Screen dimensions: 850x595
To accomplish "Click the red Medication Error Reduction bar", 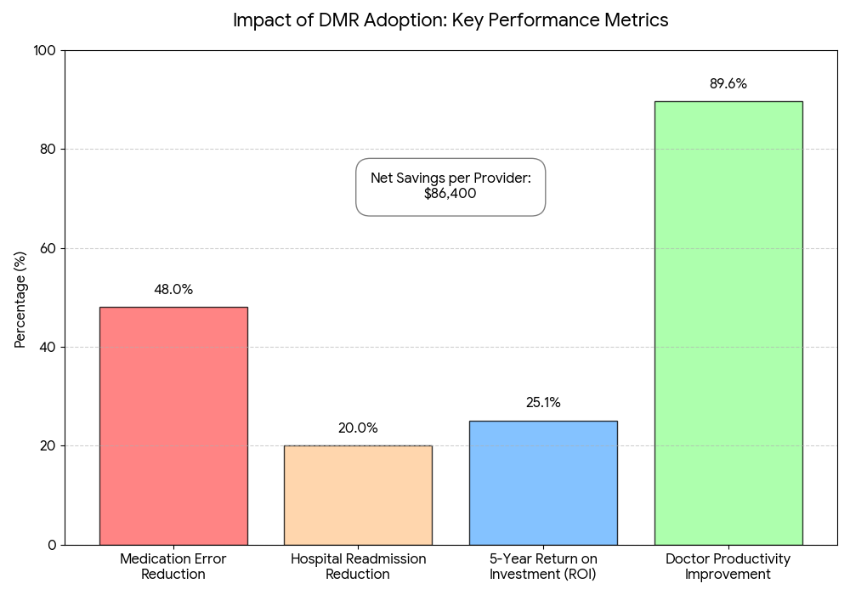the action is [173, 426].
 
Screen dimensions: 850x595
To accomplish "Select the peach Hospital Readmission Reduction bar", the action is [359, 496].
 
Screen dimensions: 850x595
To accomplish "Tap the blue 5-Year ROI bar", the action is [543, 483].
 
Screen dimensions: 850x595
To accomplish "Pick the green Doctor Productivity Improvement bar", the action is [728, 323].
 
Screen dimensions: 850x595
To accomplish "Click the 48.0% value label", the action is [173, 289].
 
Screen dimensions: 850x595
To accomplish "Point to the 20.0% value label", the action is [358, 428].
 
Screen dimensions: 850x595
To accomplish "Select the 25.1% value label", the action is [543, 403].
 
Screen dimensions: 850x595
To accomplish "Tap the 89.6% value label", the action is [728, 83].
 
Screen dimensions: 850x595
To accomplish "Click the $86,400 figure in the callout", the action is [450, 194].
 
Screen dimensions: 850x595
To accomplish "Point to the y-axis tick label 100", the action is [44, 50].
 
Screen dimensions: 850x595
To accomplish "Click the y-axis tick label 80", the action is [48, 149].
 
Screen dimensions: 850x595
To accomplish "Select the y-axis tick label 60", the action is [48, 248].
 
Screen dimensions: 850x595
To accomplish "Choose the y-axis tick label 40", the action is [48, 347].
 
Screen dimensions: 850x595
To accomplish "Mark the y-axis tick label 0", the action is [52, 545].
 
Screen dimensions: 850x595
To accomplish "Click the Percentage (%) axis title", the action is [20, 300].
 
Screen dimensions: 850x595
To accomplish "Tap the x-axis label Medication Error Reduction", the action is [173, 566].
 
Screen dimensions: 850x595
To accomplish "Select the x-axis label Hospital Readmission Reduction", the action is [359, 566].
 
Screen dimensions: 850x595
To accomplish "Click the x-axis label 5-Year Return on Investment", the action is [543, 566].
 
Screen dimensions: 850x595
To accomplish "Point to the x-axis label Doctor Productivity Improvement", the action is [728, 566].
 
